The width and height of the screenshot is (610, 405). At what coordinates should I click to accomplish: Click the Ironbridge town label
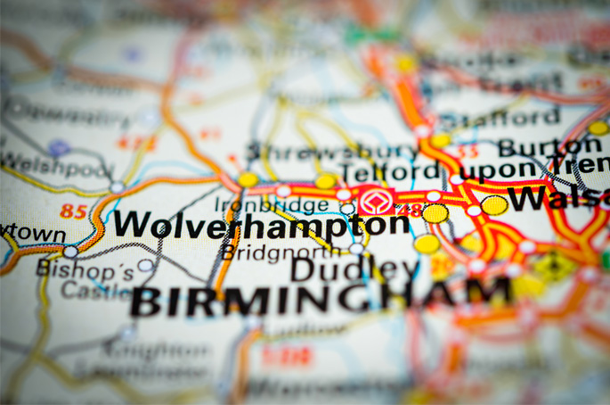(271, 204)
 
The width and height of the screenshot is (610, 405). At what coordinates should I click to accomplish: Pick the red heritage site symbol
(373, 199)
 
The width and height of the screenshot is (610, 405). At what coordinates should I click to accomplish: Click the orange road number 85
(74, 211)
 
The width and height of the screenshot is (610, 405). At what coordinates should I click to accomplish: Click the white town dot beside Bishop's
(145, 265)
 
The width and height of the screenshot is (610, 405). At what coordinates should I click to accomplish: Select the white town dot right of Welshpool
(118, 187)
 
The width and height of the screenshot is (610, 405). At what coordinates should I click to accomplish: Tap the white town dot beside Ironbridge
(347, 209)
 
